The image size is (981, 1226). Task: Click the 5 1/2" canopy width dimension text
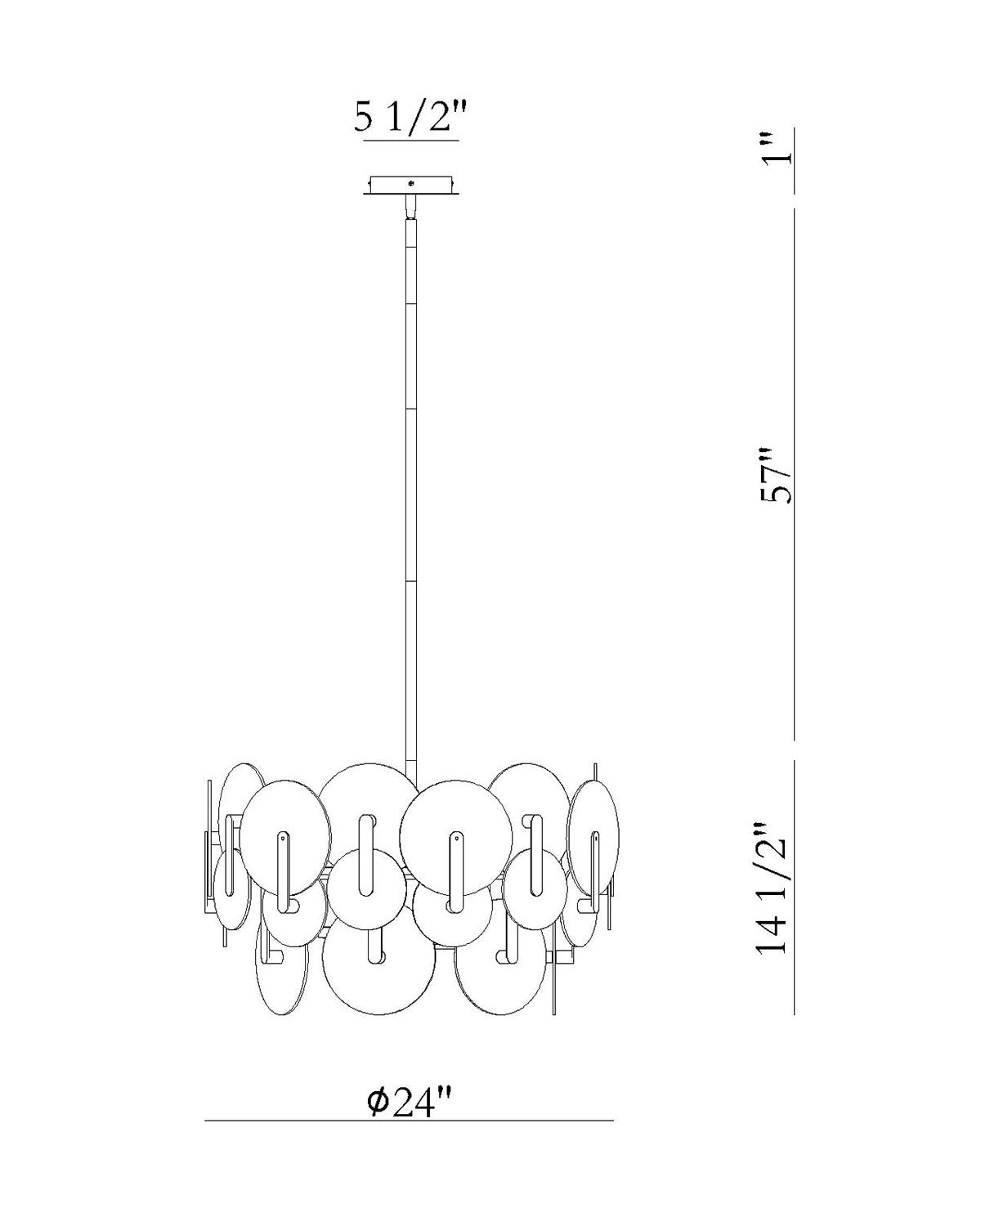click(411, 119)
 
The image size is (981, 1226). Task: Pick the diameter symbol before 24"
click(378, 1102)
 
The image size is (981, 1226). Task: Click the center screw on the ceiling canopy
click(411, 184)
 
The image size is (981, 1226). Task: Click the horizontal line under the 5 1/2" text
click(411, 142)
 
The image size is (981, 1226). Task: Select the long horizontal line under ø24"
click(409, 1120)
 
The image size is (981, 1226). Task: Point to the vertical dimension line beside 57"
click(795, 474)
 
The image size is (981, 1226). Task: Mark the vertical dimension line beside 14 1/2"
click(795, 887)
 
